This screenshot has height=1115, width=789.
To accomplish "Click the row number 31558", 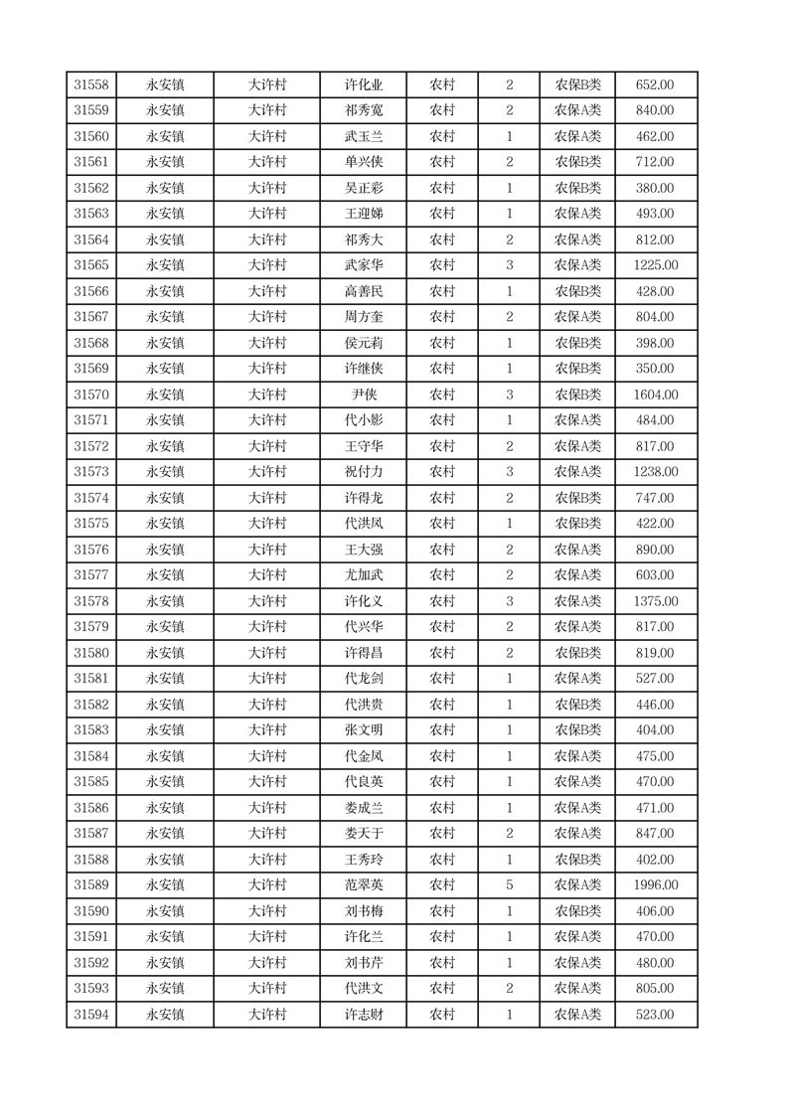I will coord(91,85).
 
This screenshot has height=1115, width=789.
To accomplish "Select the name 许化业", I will coord(363,85).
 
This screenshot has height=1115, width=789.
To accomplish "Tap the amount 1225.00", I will coord(655,265).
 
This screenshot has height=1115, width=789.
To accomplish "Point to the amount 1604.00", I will coord(655,395).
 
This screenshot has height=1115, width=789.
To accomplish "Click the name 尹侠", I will coord(363,395).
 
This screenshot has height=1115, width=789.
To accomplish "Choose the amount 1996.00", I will coord(655,885).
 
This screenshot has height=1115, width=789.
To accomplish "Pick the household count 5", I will coord(509,885).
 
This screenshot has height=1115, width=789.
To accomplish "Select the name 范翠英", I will coord(363,885).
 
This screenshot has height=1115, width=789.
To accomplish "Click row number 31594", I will coord(91,1015).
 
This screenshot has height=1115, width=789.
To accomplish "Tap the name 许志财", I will coord(363,1015).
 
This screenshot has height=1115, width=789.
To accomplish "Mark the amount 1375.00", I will coord(655,601).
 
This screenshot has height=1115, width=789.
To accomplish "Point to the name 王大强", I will coord(363,550).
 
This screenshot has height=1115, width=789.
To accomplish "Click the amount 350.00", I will coord(655,369).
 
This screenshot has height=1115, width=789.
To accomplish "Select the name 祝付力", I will coord(363,472).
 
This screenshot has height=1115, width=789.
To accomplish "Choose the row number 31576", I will coord(91,550).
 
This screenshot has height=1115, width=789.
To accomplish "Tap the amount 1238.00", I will coord(655,472).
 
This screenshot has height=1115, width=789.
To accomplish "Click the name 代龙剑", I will coord(363,679).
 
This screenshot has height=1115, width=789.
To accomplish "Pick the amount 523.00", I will coord(655,1015).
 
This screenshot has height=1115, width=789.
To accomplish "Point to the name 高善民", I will coord(363,291).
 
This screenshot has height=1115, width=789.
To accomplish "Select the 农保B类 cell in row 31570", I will coord(577,395).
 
